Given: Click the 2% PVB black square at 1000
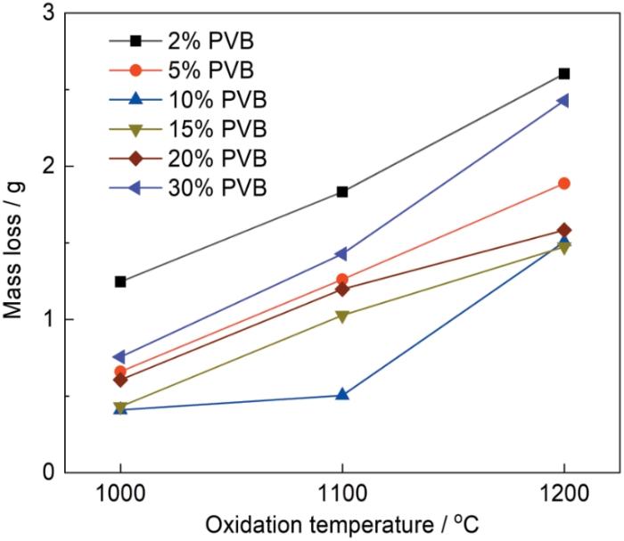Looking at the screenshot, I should (120, 282).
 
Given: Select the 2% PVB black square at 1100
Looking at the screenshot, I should (342, 192).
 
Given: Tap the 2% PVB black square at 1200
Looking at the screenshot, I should (563, 74).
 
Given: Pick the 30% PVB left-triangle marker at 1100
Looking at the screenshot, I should (341, 254).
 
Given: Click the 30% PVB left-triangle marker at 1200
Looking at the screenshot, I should (562, 101).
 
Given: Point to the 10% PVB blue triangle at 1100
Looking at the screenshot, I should (342, 394).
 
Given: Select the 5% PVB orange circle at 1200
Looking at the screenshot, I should (563, 184).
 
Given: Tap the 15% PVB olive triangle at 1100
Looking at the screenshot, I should (342, 316).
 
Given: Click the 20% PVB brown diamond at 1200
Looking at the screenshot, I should (563, 231).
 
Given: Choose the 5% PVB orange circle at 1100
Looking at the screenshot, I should (342, 279).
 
